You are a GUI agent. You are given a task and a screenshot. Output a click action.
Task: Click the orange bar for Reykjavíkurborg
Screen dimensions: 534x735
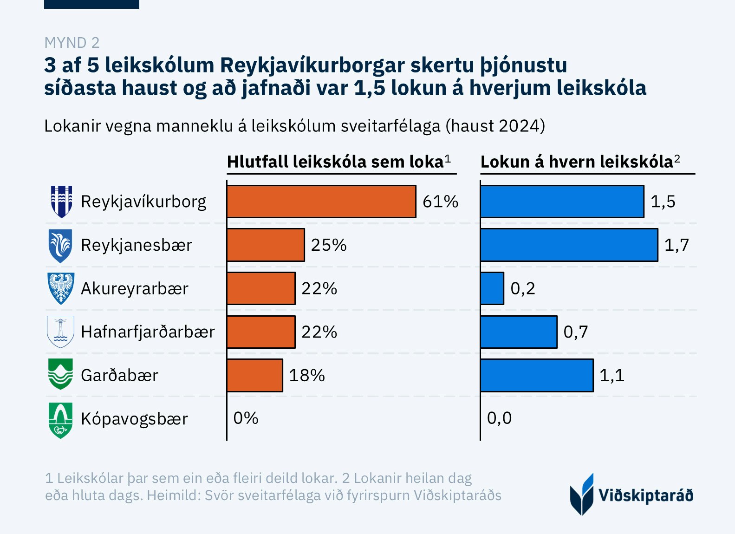tap(321, 202)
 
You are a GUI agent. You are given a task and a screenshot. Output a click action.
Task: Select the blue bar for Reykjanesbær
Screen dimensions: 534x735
tap(569, 245)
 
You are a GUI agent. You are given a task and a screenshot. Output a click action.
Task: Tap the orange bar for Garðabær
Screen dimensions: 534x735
tap(255, 375)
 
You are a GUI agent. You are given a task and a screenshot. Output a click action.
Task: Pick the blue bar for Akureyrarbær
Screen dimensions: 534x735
tap(492, 288)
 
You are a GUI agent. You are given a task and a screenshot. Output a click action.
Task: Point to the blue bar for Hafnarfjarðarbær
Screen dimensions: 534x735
tap(519, 332)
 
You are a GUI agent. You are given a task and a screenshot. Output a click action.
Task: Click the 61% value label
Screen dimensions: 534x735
tap(440, 202)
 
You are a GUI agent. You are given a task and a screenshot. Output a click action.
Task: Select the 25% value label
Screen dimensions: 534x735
tap(329, 245)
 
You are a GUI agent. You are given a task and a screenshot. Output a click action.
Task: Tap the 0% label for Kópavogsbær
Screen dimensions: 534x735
tap(246, 418)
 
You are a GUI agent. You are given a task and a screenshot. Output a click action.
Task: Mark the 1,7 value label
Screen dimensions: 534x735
tap(676, 245)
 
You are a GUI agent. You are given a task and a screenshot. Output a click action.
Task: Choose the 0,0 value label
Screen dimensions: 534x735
tap(499, 418)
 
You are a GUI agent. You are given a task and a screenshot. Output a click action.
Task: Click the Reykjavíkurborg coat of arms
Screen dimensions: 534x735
tap(61, 202)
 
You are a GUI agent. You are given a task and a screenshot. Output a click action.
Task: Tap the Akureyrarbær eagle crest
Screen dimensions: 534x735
tap(61, 288)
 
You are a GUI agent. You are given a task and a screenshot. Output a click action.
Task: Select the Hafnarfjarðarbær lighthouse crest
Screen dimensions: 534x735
tap(61, 332)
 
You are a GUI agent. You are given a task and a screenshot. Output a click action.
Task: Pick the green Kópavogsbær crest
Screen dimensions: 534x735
tap(61, 420)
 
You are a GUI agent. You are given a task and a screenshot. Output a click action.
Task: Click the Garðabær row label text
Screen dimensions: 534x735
tap(119, 375)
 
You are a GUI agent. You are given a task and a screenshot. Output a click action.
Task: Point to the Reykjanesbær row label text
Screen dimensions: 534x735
tap(136, 245)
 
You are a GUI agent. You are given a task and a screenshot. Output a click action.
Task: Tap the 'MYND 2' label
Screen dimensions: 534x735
tap(72, 43)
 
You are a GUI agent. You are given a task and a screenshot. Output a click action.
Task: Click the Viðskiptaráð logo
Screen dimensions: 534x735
tap(631, 495)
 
